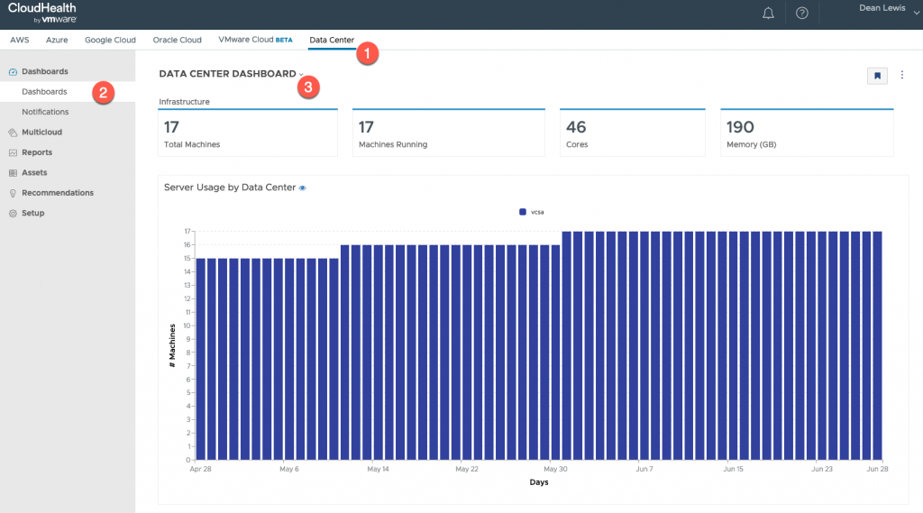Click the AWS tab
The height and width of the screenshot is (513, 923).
(20, 40)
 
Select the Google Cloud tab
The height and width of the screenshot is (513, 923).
(110, 40)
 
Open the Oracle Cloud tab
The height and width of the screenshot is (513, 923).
(178, 40)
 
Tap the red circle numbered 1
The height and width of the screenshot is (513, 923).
(366, 53)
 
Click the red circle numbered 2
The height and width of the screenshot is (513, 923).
(104, 92)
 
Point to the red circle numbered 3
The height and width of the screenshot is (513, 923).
(309, 87)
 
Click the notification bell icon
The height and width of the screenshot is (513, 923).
(769, 14)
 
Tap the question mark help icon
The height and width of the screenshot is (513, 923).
(802, 14)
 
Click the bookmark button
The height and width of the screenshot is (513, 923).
(877, 76)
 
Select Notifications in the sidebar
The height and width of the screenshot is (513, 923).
(45, 112)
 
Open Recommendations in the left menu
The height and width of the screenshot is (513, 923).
(58, 193)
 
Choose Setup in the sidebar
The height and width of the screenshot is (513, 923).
(33, 213)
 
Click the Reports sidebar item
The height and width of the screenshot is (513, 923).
(37, 152)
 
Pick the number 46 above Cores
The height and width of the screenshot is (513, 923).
(576, 127)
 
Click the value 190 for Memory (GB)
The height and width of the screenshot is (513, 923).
(740, 127)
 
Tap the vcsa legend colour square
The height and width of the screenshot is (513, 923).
(523, 212)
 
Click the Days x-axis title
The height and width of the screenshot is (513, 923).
(538, 482)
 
